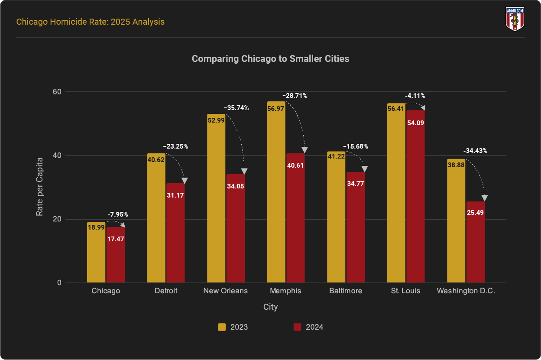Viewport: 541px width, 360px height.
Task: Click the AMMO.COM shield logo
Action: [x=515, y=19]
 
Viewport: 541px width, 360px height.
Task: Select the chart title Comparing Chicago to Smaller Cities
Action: [x=270, y=58]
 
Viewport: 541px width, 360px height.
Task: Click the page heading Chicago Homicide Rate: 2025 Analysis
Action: [x=90, y=22]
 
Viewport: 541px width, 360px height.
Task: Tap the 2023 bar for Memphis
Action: [x=276, y=195]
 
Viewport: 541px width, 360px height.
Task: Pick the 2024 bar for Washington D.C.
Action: [x=475, y=243]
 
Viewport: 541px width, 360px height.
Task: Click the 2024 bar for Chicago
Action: [x=115, y=256]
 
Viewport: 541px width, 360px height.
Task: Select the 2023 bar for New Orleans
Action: [x=216, y=199]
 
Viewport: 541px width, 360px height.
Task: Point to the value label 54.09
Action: [x=415, y=123]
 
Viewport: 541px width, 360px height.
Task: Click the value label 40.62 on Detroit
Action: [x=156, y=159]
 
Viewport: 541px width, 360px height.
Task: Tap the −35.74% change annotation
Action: [x=236, y=108]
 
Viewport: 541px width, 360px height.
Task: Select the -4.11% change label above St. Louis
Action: [x=415, y=96]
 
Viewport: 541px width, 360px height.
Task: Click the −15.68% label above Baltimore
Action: [x=355, y=146]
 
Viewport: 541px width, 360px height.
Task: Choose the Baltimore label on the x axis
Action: [x=345, y=291]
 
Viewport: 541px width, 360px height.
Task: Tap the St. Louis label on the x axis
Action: [x=405, y=291]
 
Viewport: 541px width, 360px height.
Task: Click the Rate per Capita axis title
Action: [x=40, y=187]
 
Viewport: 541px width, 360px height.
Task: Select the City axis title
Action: [x=270, y=307]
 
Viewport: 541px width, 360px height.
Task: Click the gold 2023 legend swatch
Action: [x=222, y=327]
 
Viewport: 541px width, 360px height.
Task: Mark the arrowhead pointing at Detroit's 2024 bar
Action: [x=185, y=181]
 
